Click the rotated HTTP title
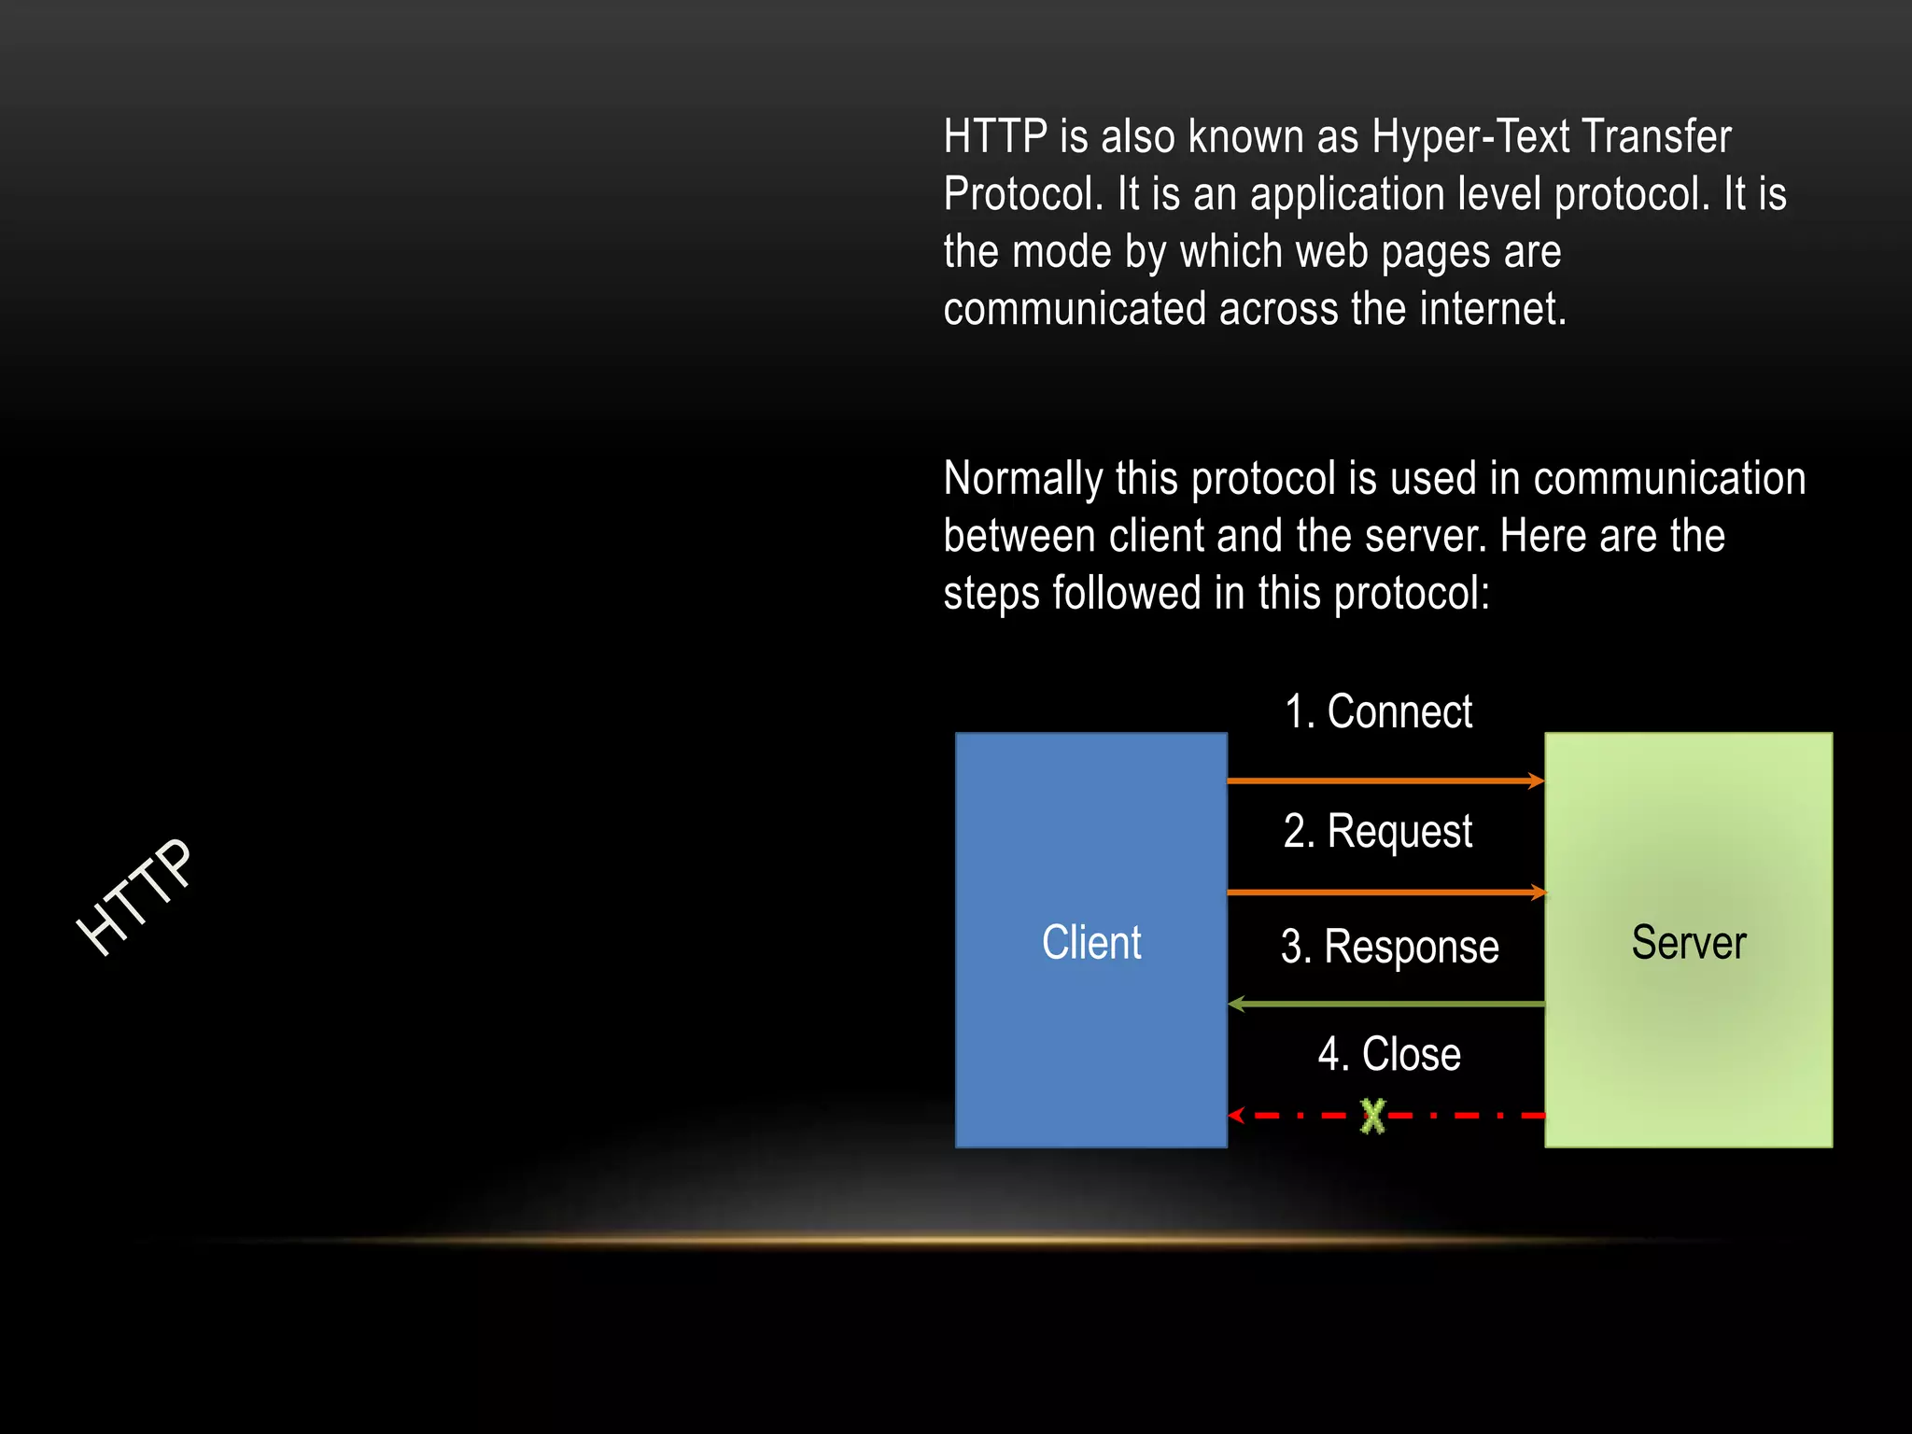point(135,896)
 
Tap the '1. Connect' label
point(1378,712)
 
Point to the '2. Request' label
point(1378,831)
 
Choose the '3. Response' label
point(1389,947)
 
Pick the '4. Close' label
point(1389,1054)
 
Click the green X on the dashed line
point(1372,1116)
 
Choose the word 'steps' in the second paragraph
point(991,594)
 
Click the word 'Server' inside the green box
point(1688,943)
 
